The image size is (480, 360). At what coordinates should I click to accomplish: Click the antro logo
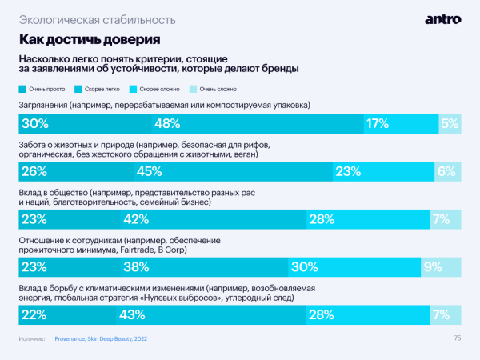(x=442, y=18)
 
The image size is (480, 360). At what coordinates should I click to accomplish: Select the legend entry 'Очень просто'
(x=46, y=89)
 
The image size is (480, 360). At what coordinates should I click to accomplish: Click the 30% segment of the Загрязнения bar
(x=85, y=123)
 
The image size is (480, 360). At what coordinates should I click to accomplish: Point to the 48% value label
(x=166, y=123)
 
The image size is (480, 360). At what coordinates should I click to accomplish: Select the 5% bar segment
(x=450, y=123)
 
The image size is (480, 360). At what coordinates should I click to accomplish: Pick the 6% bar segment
(x=448, y=170)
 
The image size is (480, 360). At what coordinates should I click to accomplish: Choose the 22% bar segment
(x=65, y=315)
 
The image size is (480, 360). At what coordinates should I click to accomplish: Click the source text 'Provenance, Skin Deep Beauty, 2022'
(x=101, y=339)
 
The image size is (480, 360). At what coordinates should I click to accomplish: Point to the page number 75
(x=457, y=338)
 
